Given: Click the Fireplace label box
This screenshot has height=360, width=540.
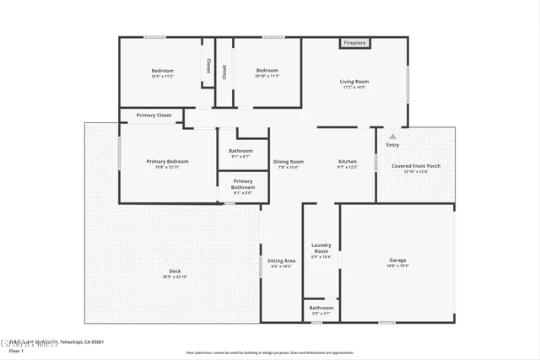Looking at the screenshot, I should (354, 43).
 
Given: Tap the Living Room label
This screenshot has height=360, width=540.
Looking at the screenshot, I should (354, 82).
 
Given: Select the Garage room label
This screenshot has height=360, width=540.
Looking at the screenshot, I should (397, 260).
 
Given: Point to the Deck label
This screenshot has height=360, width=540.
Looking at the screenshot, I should (175, 271).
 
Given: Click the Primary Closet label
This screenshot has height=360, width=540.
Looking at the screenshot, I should (154, 115).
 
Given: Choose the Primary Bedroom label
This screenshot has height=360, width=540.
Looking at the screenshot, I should (167, 161).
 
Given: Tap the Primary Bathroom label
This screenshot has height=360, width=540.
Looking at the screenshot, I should (243, 184).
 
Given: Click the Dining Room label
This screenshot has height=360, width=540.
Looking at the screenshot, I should (289, 161).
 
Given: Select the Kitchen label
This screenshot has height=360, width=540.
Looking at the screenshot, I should (348, 161).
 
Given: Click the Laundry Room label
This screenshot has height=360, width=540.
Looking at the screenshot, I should (321, 248).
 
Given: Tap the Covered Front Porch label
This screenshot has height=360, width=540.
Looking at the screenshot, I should (416, 166).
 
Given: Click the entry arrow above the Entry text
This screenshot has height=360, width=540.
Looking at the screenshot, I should (392, 136).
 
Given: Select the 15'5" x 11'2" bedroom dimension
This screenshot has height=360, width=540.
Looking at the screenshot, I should (162, 76).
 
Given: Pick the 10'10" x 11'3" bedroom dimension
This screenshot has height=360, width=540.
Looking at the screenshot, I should (267, 76).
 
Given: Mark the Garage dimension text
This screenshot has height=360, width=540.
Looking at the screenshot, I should (397, 266).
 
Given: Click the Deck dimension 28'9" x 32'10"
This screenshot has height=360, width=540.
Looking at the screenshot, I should (175, 277).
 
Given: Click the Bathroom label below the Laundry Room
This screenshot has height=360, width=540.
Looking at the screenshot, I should (321, 308).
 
